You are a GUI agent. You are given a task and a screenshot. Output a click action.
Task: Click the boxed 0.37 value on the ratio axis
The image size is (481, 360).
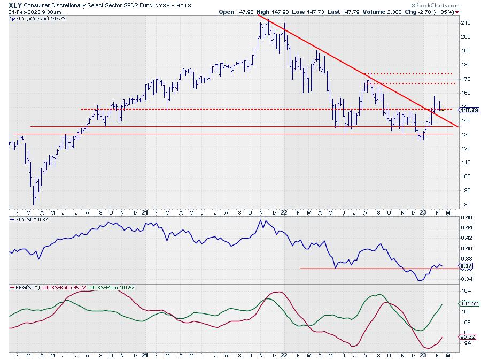pos(466,266)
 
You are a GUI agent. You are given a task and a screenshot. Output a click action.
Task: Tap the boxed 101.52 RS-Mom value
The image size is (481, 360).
pos(468,304)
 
